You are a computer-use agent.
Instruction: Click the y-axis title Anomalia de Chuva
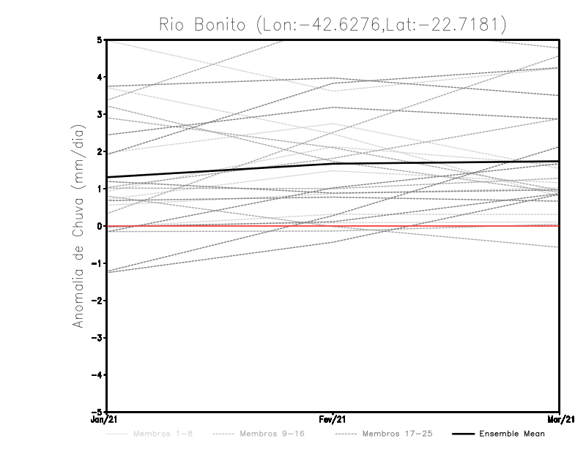coord(78,225)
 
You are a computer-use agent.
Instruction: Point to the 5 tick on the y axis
coord(100,39)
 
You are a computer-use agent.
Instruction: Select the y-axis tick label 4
coord(100,77)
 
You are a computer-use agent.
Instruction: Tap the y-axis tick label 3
coord(100,114)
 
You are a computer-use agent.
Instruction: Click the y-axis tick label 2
coord(100,151)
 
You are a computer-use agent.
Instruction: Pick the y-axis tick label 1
coord(100,189)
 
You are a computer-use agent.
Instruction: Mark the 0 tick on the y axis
coord(100,226)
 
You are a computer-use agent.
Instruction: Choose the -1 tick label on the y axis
coord(98,263)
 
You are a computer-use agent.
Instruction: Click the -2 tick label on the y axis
coord(98,301)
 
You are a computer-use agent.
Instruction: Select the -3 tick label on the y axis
coord(98,338)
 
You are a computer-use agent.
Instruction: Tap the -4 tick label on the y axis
coord(98,374)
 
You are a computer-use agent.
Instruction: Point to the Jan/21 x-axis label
coord(103,421)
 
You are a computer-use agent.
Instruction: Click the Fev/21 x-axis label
coord(333,421)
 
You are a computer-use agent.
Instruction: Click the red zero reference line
coord(439,226)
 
